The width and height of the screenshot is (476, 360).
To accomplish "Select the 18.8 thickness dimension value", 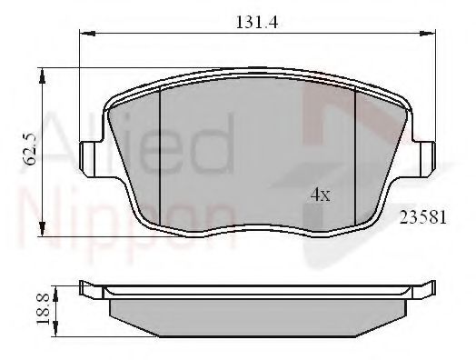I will [41, 310].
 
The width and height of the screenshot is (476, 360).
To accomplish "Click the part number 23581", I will [422, 218].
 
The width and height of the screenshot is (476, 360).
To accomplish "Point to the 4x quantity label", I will [321, 194].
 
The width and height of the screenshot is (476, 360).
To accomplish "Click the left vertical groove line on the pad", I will [160, 145].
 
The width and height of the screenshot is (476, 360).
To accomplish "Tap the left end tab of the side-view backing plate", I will [88, 290].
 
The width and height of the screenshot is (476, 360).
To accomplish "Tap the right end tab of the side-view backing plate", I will [424, 290].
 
